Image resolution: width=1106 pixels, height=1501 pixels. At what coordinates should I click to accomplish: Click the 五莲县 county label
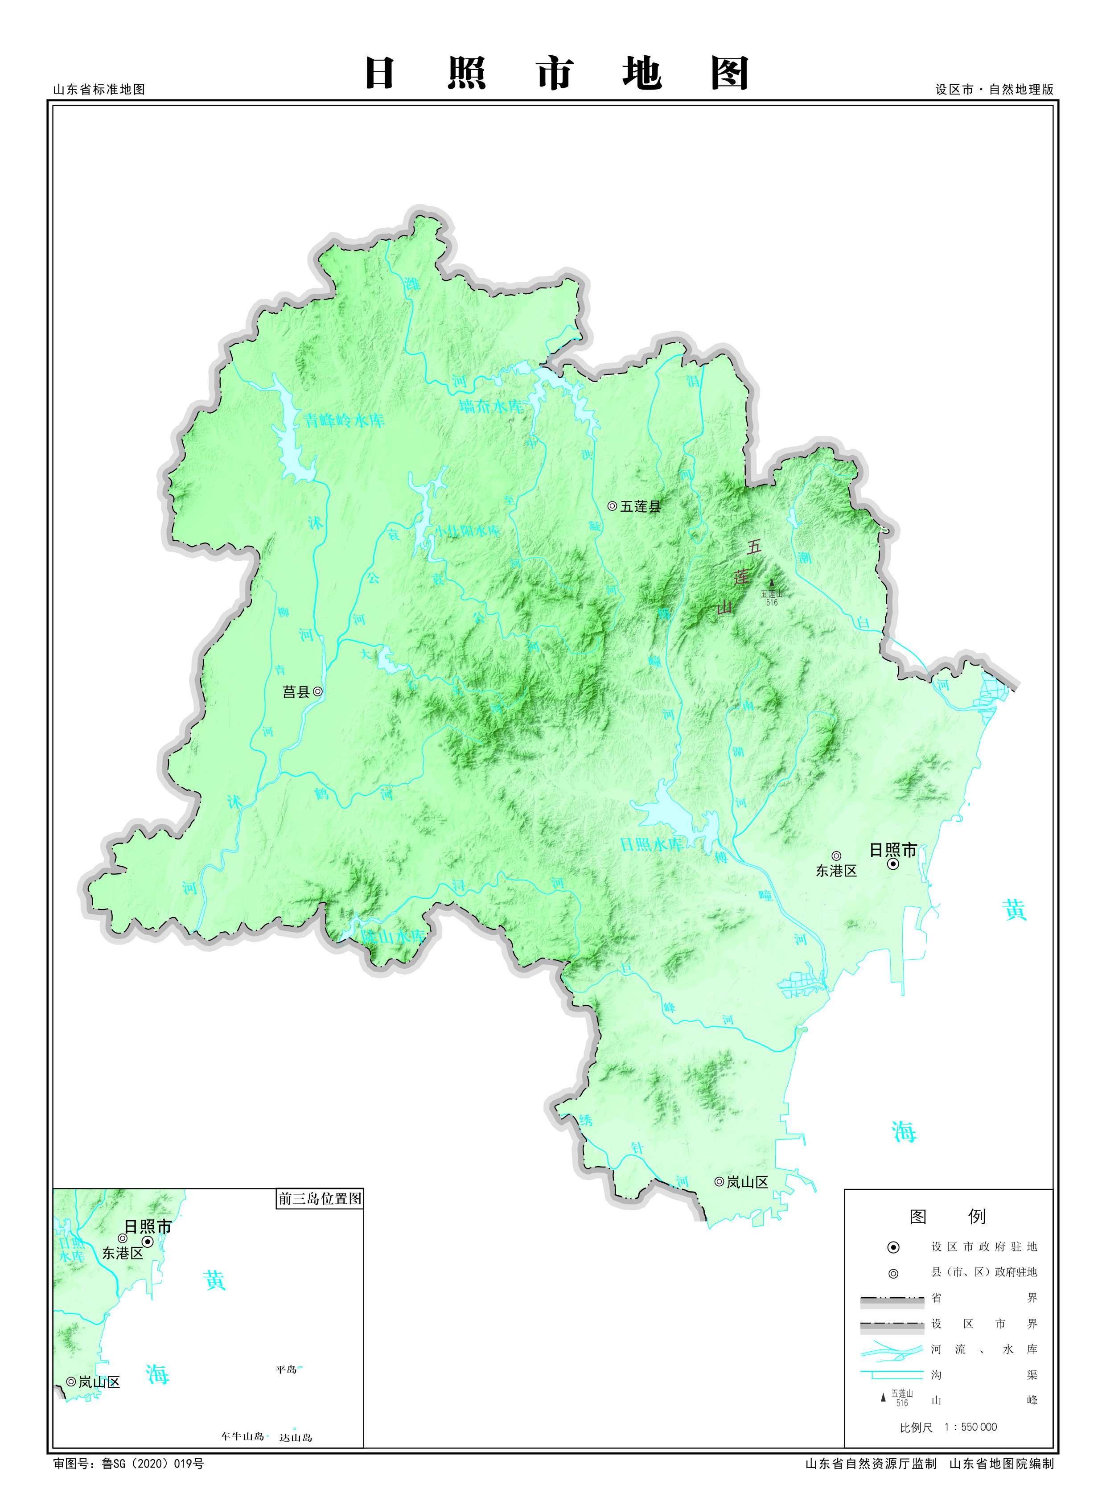[640, 507]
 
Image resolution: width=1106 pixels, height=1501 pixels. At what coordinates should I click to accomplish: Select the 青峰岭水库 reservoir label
[344, 420]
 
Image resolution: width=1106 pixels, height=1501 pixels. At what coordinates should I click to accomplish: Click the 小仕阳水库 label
[467, 531]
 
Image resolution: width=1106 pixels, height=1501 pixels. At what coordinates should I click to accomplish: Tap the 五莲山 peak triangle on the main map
[771, 583]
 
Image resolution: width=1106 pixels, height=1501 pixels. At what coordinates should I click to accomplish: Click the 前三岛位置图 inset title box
[320, 1198]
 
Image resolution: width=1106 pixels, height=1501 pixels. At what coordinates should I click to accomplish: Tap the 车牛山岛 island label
[243, 1436]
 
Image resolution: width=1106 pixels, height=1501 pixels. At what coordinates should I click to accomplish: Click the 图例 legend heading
[947, 1217]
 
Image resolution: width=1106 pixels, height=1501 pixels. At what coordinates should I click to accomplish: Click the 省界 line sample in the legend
[892, 1298]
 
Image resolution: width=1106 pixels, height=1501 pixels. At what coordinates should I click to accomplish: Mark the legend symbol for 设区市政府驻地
[893, 1247]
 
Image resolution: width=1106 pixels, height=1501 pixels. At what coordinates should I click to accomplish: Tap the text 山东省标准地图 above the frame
[99, 89]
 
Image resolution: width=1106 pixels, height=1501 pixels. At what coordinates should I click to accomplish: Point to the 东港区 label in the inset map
[123, 1253]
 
